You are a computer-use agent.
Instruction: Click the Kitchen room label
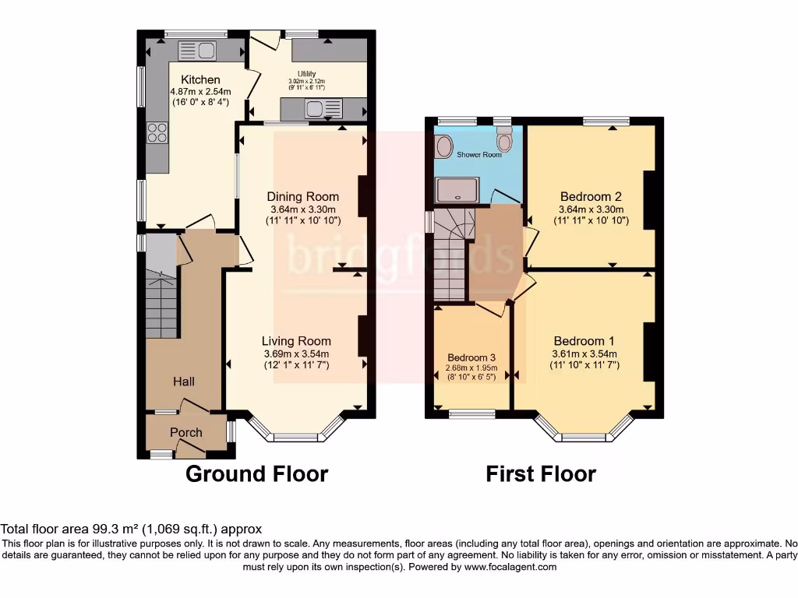200,79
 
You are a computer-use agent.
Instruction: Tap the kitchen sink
197,51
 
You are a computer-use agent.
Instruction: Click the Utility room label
306,73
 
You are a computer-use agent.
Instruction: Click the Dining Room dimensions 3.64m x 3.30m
303,209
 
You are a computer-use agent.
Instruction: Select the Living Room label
296,341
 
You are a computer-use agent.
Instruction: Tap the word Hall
184,382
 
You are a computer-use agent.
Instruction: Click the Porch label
185,432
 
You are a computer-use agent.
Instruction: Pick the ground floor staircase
161,304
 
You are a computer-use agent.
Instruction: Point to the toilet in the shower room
504,141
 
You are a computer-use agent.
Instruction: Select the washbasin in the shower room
444,146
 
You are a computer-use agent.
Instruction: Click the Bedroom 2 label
590,196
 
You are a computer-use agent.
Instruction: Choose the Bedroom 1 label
584,341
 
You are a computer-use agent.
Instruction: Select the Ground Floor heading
256,473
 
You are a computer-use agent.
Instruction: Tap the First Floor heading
541,473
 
